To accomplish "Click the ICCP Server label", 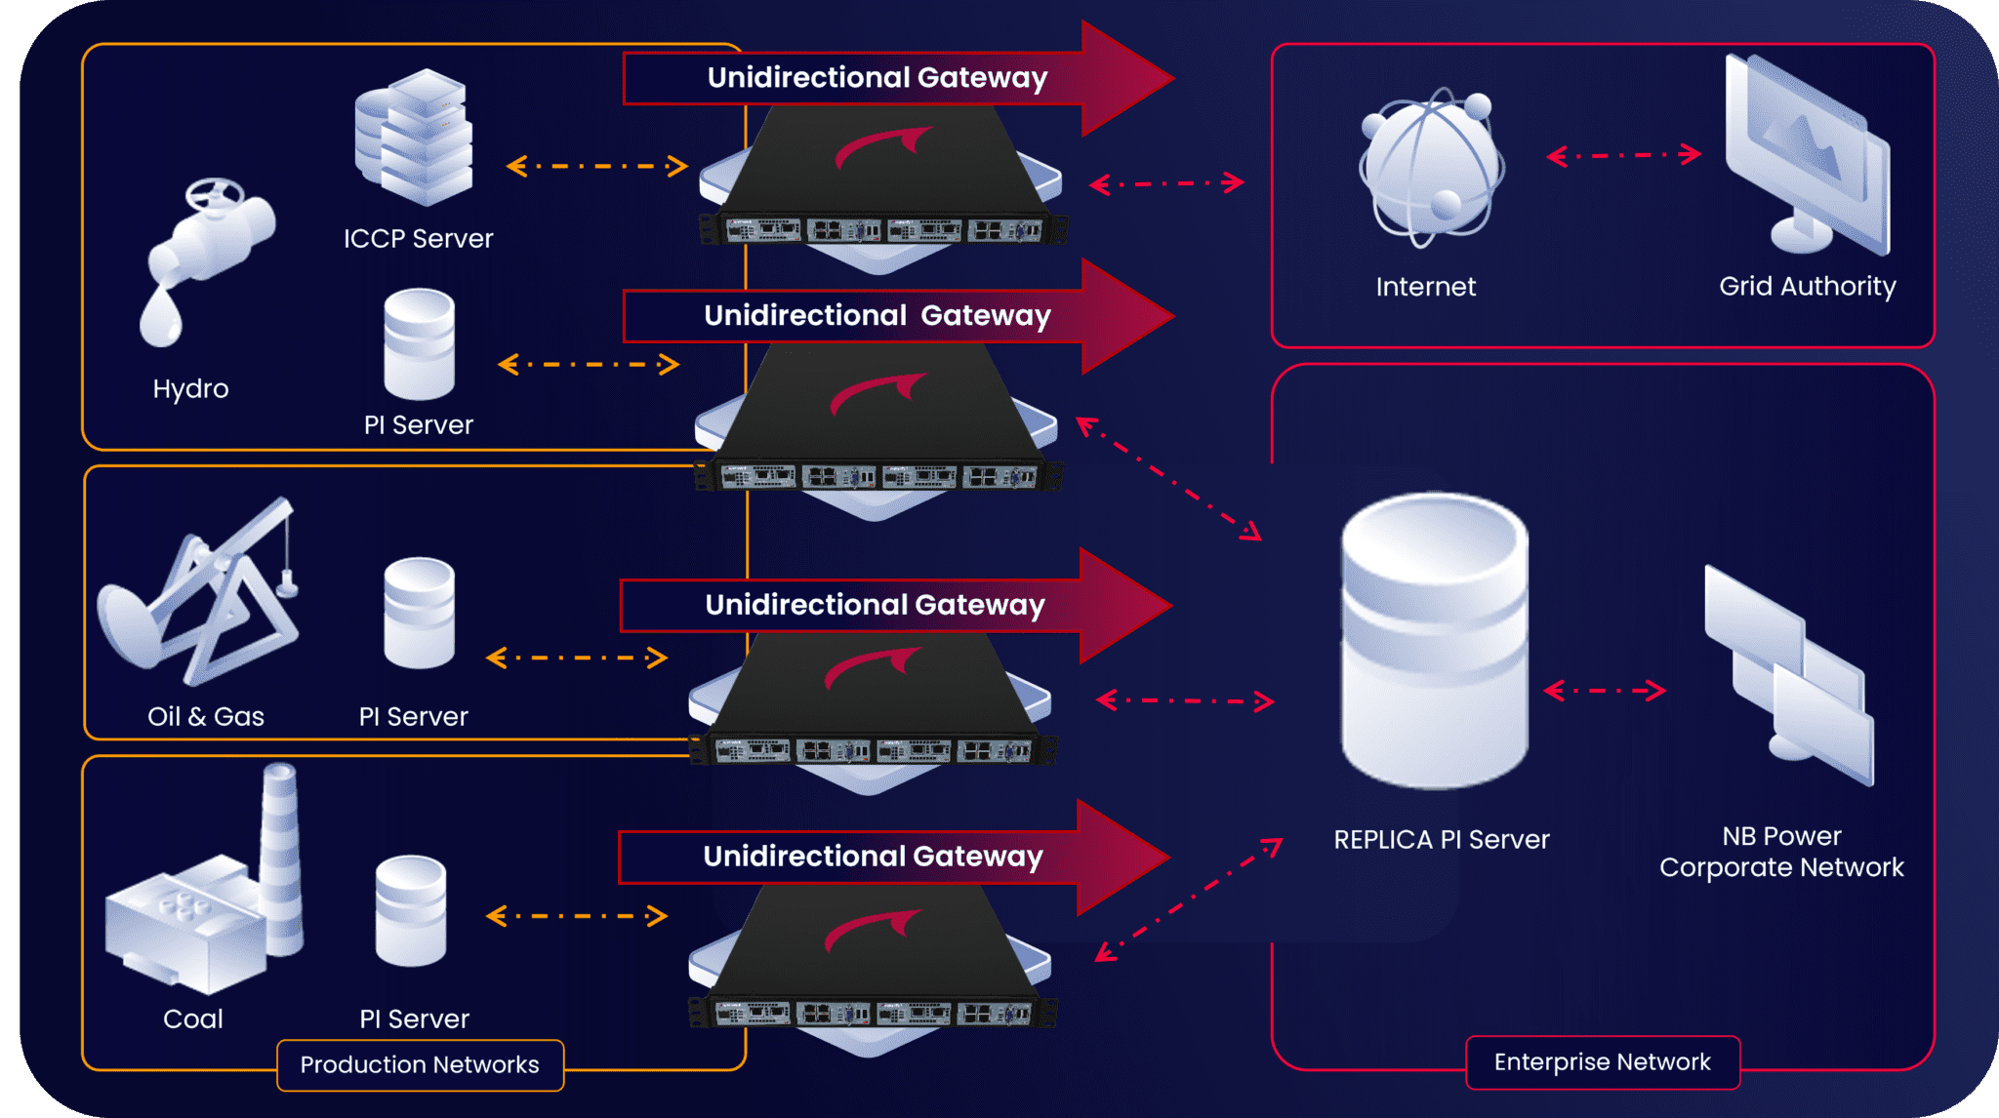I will click(x=418, y=238).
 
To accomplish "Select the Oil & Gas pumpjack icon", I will click(x=200, y=595).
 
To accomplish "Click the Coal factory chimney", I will click(x=279, y=858).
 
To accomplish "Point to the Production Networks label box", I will click(x=420, y=1064).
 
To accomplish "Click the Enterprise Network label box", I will click(x=1602, y=1061).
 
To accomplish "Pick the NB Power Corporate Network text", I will click(x=1781, y=852).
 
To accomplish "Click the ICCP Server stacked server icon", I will click(x=415, y=137).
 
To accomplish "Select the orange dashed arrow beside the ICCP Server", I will click(x=596, y=166).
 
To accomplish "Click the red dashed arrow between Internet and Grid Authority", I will click(x=1623, y=155).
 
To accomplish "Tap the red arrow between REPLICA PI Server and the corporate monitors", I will click(x=1604, y=691).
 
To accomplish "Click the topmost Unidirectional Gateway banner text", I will click(x=877, y=77).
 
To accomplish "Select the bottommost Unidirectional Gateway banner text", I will click(x=873, y=856).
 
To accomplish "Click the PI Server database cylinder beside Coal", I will click(x=411, y=911).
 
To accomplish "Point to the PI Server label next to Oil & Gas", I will click(x=413, y=716).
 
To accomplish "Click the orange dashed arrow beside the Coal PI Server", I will click(x=576, y=916).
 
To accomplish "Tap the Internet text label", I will click(x=1425, y=287).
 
